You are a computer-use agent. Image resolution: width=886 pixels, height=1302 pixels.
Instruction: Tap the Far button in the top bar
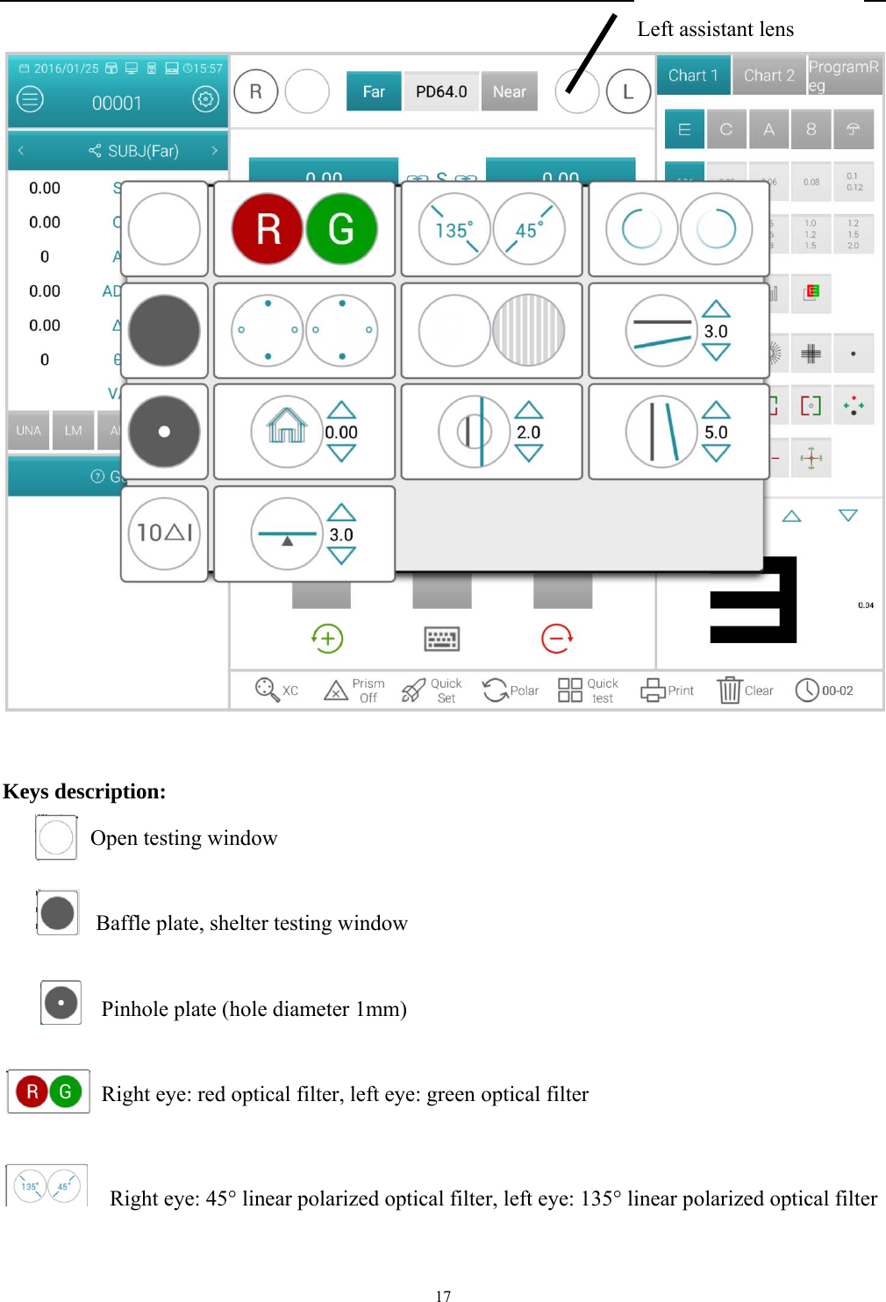click(374, 92)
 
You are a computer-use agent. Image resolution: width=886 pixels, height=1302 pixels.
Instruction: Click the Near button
click(509, 92)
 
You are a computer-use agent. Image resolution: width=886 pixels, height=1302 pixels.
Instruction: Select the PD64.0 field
click(441, 92)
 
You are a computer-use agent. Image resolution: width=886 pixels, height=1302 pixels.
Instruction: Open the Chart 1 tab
click(693, 75)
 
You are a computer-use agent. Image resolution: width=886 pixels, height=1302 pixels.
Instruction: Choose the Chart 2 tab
click(768, 75)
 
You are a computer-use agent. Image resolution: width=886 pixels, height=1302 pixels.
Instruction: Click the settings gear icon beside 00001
click(205, 99)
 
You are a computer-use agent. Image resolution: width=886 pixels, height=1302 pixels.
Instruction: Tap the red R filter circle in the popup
click(268, 229)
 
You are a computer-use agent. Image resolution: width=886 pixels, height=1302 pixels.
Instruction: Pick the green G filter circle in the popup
click(341, 229)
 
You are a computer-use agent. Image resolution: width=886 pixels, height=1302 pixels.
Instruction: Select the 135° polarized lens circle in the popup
click(454, 229)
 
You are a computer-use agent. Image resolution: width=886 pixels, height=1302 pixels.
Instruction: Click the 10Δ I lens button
click(164, 533)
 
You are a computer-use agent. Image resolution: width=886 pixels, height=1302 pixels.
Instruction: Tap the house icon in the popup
click(287, 431)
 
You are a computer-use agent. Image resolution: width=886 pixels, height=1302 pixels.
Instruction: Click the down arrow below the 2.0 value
click(528, 454)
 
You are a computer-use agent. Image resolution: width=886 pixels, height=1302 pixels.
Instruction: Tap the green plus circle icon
click(327, 638)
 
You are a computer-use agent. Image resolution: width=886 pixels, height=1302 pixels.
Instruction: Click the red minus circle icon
click(557, 638)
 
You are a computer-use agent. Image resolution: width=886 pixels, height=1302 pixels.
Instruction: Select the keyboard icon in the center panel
click(442, 639)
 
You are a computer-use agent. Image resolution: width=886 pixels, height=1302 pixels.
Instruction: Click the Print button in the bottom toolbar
click(667, 690)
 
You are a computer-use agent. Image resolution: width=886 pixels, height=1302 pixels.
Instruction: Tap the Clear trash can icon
click(730, 690)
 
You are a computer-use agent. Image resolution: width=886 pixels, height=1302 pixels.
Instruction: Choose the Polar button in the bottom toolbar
click(511, 690)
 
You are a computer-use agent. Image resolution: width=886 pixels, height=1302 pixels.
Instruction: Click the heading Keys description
click(84, 791)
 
